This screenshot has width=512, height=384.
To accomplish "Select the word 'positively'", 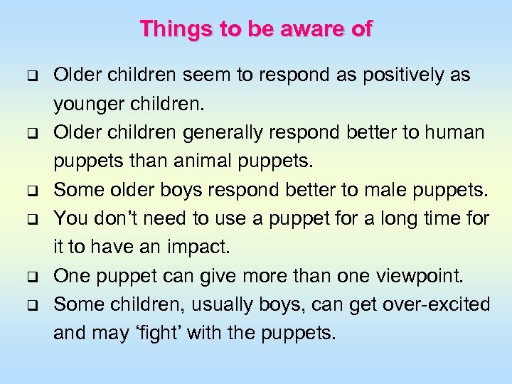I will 398,75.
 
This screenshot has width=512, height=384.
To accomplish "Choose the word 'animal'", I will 196,161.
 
